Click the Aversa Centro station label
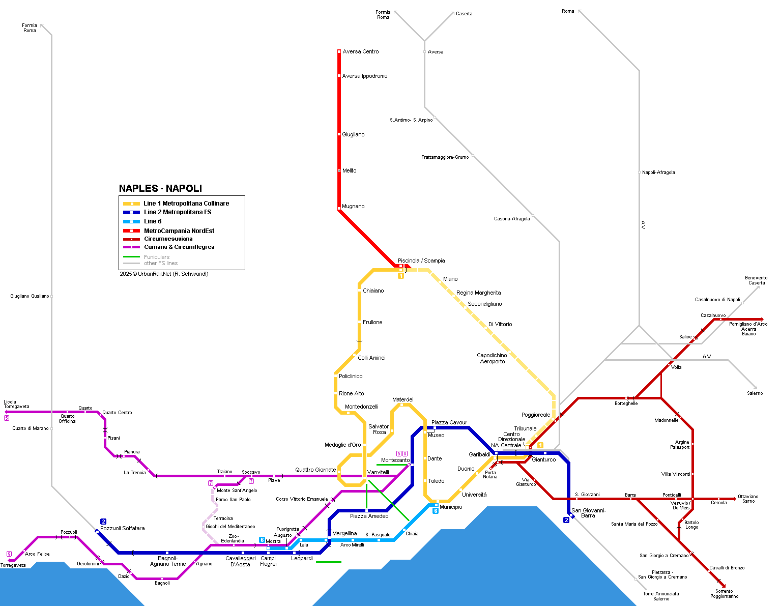coord(360,52)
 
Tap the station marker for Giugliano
coord(339,134)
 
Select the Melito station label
coord(349,171)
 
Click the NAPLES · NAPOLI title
coord(160,188)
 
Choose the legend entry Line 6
coord(152,221)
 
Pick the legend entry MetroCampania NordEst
coord(179,231)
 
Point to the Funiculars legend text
coord(156,257)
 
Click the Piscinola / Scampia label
coord(421,261)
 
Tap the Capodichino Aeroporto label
coord(492,358)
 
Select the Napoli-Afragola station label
coord(658,172)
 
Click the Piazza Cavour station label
coord(449,423)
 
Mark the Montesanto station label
coord(395,460)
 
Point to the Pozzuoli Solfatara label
coord(122,528)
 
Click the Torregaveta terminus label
coord(13,565)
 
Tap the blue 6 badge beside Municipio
coord(436,511)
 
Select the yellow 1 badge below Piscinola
coord(401,276)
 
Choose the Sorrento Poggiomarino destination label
coord(724,594)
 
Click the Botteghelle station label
coord(626,403)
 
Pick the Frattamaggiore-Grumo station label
coord(445,157)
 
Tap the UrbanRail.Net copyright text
coord(164,274)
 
